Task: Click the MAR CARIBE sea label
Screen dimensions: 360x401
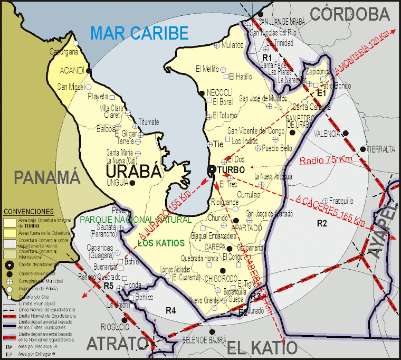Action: (139, 33)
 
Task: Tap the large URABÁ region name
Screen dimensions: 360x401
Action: (132, 172)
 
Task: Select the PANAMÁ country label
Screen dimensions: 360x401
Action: (46, 177)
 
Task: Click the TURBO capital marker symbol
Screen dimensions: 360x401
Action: (212, 169)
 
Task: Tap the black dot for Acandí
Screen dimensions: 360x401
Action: (89, 71)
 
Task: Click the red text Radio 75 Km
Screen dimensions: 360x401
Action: (326, 160)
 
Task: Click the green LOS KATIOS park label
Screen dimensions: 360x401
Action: (160, 243)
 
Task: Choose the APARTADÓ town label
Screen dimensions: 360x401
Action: (246, 228)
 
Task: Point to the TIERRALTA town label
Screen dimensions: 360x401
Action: (380, 149)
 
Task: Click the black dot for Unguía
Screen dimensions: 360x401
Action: (132, 183)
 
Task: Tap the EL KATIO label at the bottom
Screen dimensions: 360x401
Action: (262, 347)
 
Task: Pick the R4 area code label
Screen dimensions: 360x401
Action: (170, 309)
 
